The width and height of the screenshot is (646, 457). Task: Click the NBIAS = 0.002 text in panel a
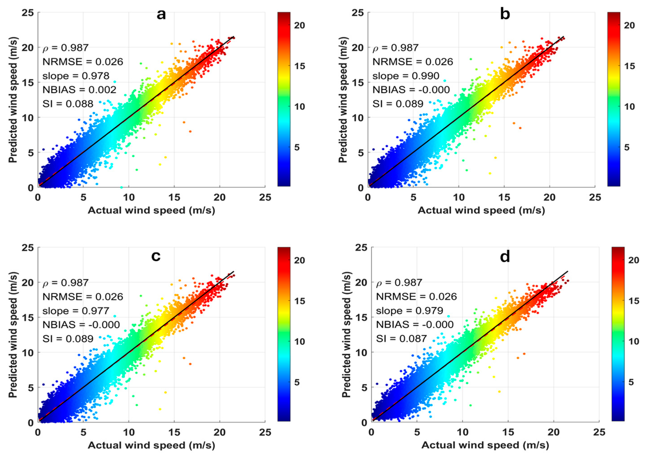pyautogui.click(x=79, y=90)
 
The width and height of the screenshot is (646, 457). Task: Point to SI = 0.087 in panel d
pyautogui.click(x=401, y=338)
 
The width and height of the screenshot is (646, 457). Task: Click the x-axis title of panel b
pyautogui.click(x=481, y=210)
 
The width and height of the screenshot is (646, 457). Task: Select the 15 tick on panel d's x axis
pyautogui.click(x=508, y=432)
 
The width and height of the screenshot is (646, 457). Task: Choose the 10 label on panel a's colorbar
pyautogui.click(x=299, y=107)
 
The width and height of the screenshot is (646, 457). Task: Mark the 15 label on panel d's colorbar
pyautogui.click(x=633, y=301)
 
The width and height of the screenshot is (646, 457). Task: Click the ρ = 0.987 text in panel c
pyautogui.click(x=65, y=283)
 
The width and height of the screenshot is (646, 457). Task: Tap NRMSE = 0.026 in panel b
pyautogui.click(x=413, y=62)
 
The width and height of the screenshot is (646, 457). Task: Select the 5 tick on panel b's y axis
pyautogui.click(x=360, y=153)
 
